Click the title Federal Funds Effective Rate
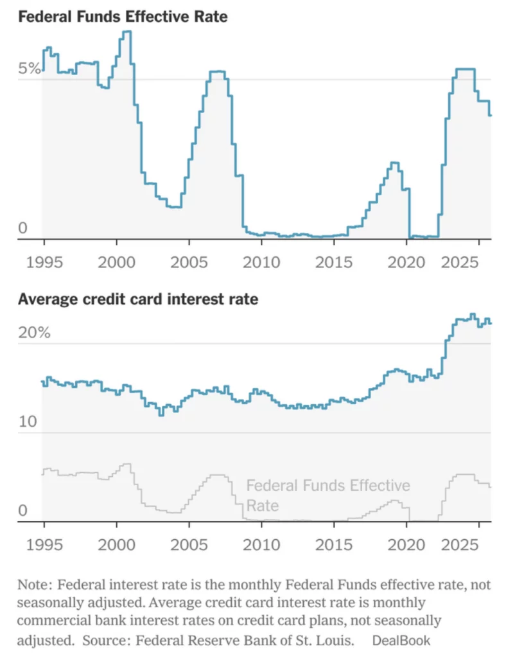point(123,17)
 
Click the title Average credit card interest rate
point(138,299)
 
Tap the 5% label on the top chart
point(29,69)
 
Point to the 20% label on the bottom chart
point(33,333)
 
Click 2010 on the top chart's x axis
point(261,263)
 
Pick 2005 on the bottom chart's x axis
point(189,545)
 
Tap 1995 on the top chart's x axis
point(44,263)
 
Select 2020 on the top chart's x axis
point(407,263)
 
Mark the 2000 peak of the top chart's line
point(127,32)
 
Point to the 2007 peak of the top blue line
point(218,72)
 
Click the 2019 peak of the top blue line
point(394,163)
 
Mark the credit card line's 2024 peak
point(473,315)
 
